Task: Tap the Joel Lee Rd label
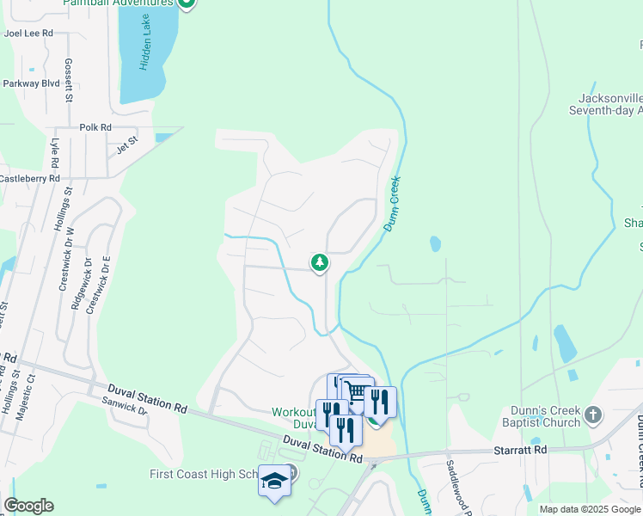pyautogui.click(x=28, y=33)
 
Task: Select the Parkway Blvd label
pyautogui.click(x=31, y=83)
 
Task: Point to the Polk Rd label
pyautogui.click(x=95, y=127)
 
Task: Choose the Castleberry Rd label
pyautogui.click(x=29, y=179)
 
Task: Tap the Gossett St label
pyautogui.click(x=69, y=83)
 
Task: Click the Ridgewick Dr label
pyautogui.click(x=75, y=284)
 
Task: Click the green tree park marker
pyautogui.click(x=320, y=261)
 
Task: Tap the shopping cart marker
pyautogui.click(x=358, y=391)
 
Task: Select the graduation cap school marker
pyautogui.click(x=274, y=481)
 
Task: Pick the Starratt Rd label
pyautogui.click(x=521, y=450)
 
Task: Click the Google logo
pyautogui.click(x=29, y=506)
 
